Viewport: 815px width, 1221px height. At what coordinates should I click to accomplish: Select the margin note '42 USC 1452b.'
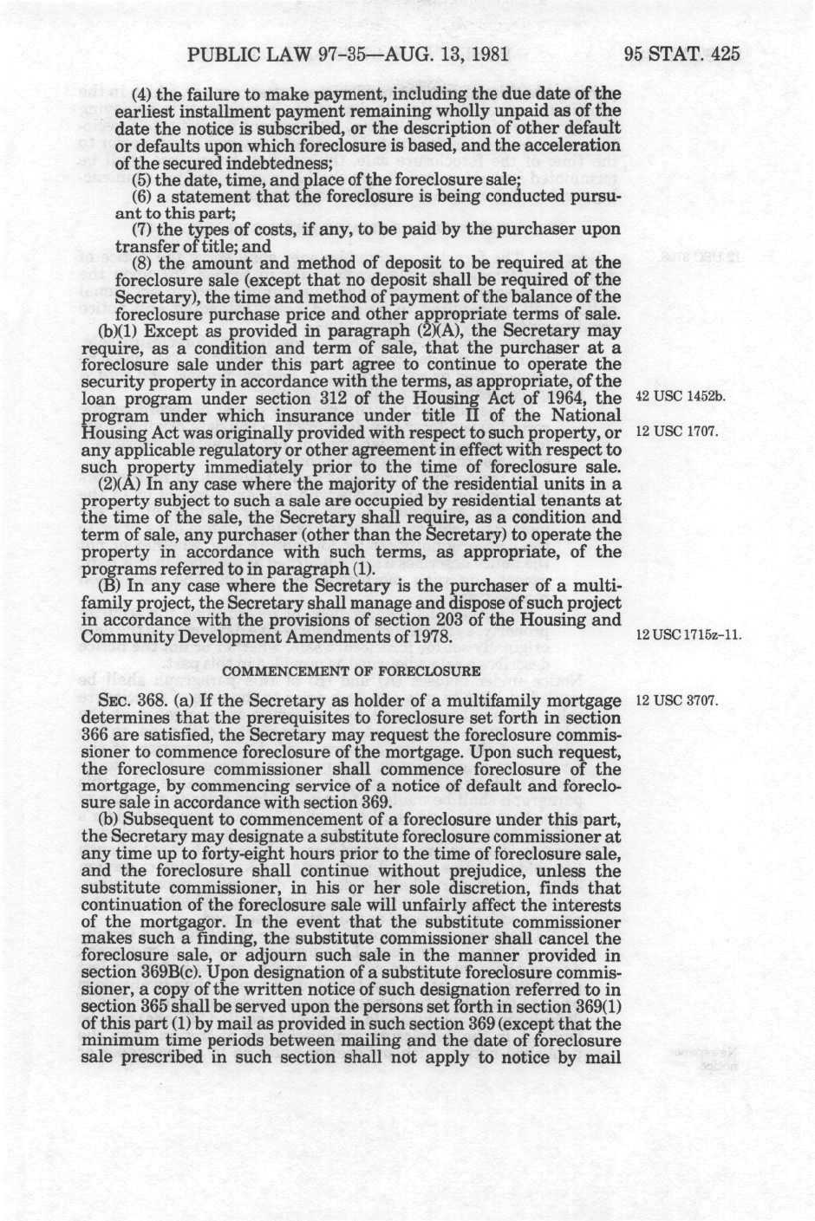680,398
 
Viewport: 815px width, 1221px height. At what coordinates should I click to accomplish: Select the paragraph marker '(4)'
144,94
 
